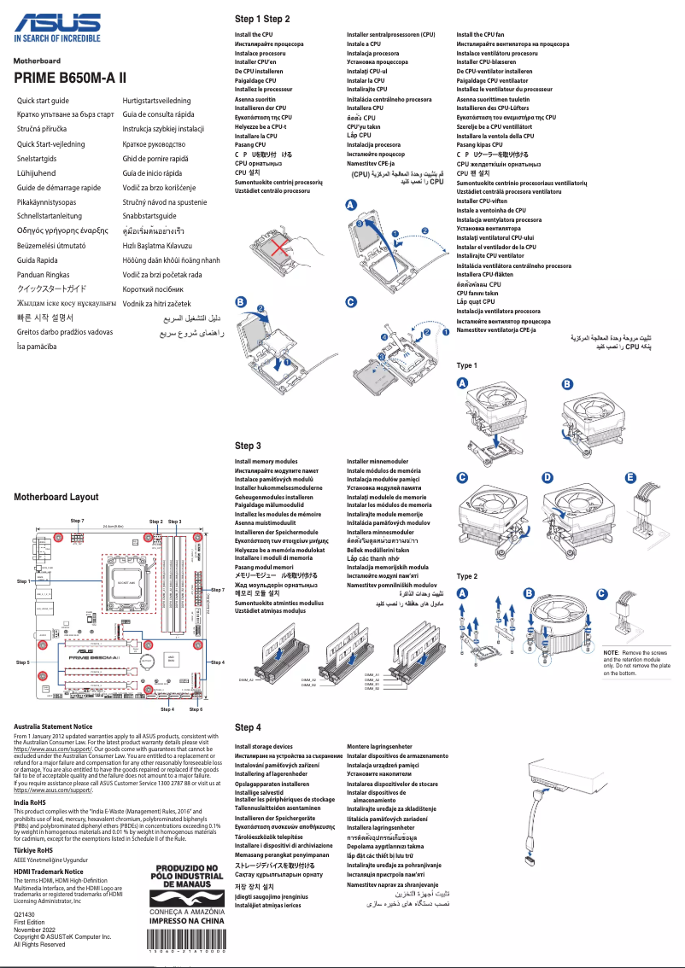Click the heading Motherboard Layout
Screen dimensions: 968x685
pos(56,497)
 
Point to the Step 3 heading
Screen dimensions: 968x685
pos(248,446)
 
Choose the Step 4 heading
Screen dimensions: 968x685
pos(248,727)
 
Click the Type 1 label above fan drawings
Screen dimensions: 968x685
pos(467,365)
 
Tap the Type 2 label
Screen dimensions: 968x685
pos(467,576)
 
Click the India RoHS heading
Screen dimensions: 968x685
pos(31,803)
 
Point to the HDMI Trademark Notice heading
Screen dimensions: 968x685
pos(49,872)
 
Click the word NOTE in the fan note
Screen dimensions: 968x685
pos(611,652)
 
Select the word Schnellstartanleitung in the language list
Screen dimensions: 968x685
pos(54,217)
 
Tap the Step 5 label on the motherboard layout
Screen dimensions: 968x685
pos(23,662)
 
